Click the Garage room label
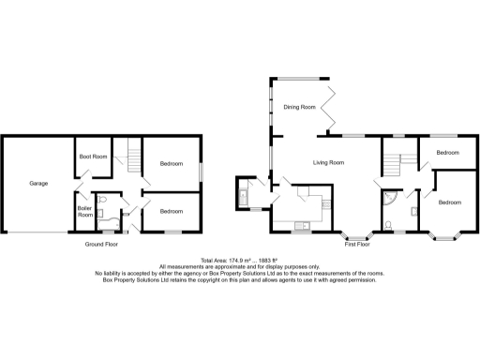(x=38, y=183)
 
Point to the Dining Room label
(x=299, y=108)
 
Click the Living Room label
(x=330, y=162)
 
